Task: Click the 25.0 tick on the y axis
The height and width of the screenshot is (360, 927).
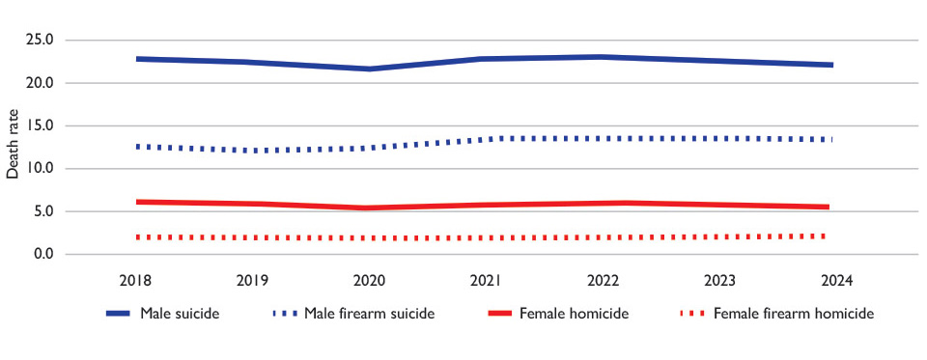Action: [x=41, y=41]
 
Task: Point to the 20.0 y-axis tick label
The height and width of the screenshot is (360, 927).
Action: [x=41, y=83]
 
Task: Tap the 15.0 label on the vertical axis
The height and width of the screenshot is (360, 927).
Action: [x=41, y=125]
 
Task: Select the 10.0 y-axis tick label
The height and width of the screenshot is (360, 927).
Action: [x=41, y=169]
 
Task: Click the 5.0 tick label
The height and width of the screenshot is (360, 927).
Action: [x=43, y=211]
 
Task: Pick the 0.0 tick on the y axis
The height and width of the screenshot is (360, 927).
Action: [x=43, y=254]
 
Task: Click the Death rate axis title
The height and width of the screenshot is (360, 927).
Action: [x=13, y=144]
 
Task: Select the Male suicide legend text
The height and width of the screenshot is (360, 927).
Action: [x=180, y=314]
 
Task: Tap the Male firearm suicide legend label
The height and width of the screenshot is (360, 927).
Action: [x=370, y=314]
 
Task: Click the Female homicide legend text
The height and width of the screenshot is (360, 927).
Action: [x=574, y=314]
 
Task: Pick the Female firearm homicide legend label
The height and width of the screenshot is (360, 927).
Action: [x=794, y=314]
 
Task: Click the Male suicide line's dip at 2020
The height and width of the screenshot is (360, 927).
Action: [x=369, y=69]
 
